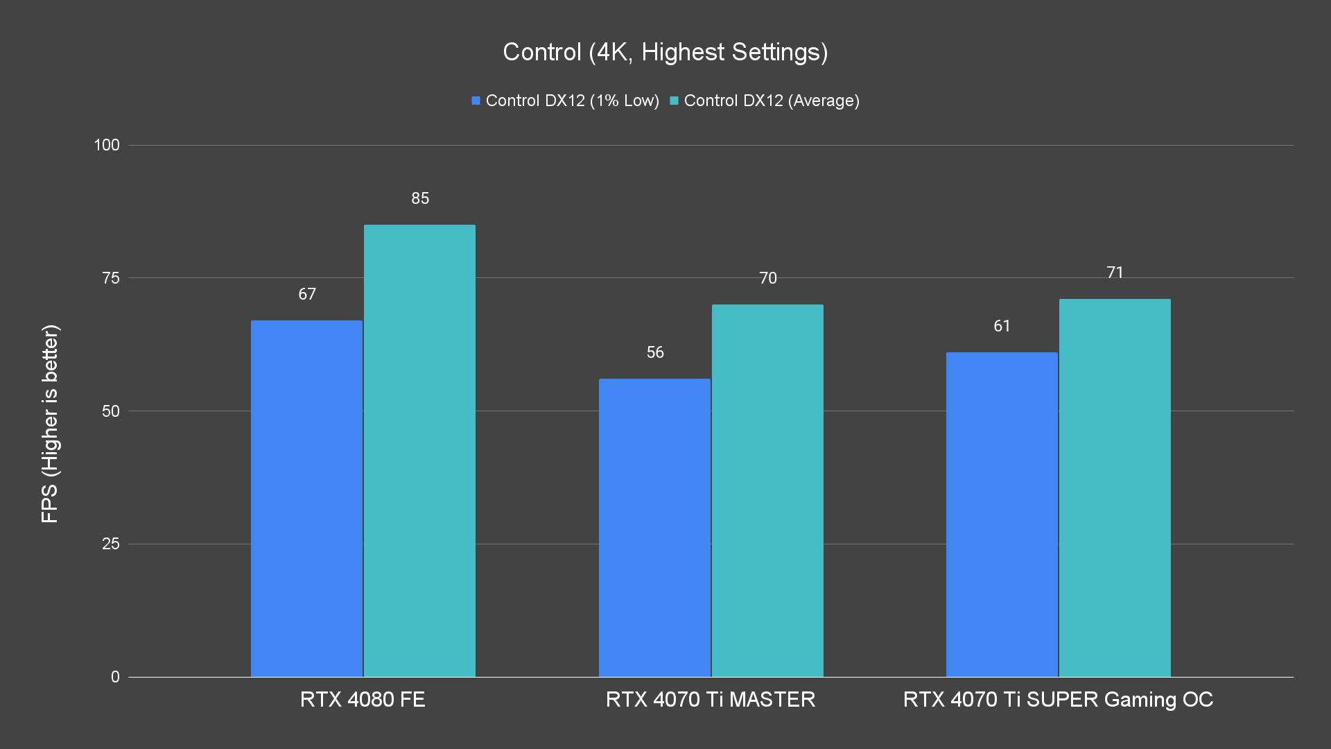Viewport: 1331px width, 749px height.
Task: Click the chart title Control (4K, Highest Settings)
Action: pyautogui.click(x=665, y=52)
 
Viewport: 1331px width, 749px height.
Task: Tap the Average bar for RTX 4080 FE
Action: pyautogui.click(x=419, y=451)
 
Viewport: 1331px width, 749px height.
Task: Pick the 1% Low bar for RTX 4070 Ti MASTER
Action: pyautogui.click(x=654, y=527)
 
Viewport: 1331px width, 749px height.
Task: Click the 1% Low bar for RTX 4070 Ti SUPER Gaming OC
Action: pyautogui.click(x=1002, y=514)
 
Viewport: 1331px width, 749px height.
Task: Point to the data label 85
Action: pyautogui.click(x=420, y=198)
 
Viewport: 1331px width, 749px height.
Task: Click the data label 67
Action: pyautogui.click(x=307, y=294)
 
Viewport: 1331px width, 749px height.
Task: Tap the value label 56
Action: pyautogui.click(x=655, y=352)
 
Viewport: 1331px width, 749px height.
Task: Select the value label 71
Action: pyautogui.click(x=1115, y=273)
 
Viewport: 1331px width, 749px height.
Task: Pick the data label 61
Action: pyautogui.click(x=1002, y=326)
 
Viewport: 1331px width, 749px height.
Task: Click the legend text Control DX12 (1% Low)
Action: pyautogui.click(x=572, y=101)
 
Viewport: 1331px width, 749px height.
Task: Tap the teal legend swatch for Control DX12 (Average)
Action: pyautogui.click(x=674, y=101)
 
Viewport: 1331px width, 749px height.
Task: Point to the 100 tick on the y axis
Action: pyautogui.click(x=107, y=145)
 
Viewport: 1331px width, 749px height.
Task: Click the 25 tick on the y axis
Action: pyautogui.click(x=111, y=544)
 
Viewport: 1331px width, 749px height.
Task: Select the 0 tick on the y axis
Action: pyautogui.click(x=115, y=677)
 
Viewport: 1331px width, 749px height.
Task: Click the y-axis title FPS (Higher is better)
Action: pyautogui.click(x=50, y=423)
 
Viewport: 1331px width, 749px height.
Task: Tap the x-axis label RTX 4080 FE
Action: pyautogui.click(x=363, y=699)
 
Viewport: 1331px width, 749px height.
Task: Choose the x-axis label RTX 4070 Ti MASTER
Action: pyautogui.click(x=711, y=699)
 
